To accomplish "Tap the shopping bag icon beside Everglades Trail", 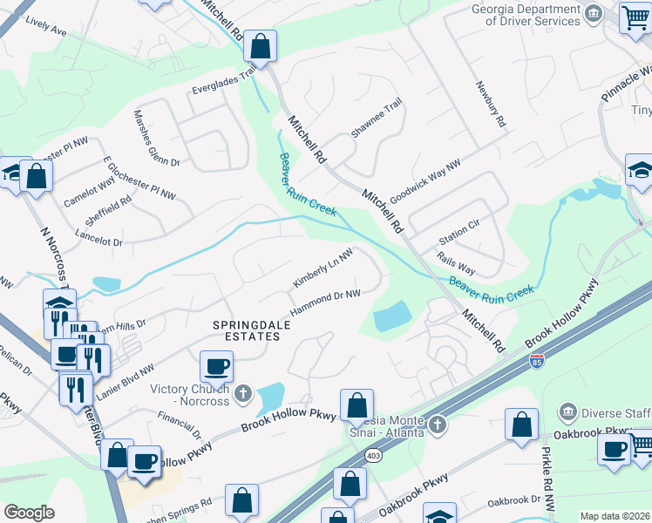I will click(260, 44).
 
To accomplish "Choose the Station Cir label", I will click(459, 224).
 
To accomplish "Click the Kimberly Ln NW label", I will click(323, 269).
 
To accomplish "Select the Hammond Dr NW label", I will click(325, 304).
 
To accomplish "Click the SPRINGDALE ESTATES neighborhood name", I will click(249, 330).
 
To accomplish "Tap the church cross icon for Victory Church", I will click(244, 394).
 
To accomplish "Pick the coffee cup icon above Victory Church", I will click(216, 366).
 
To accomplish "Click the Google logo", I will click(29, 512).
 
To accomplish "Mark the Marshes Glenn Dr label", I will click(156, 138).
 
